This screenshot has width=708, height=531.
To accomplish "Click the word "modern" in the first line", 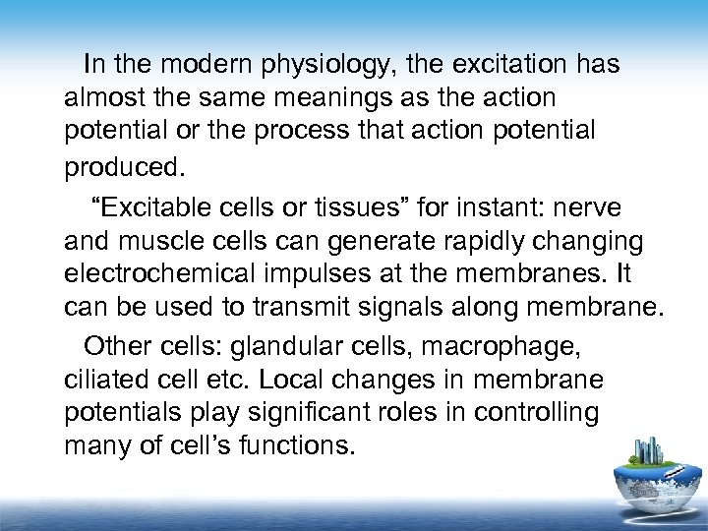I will point(193,65).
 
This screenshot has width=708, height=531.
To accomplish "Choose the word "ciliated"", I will point(99,379).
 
